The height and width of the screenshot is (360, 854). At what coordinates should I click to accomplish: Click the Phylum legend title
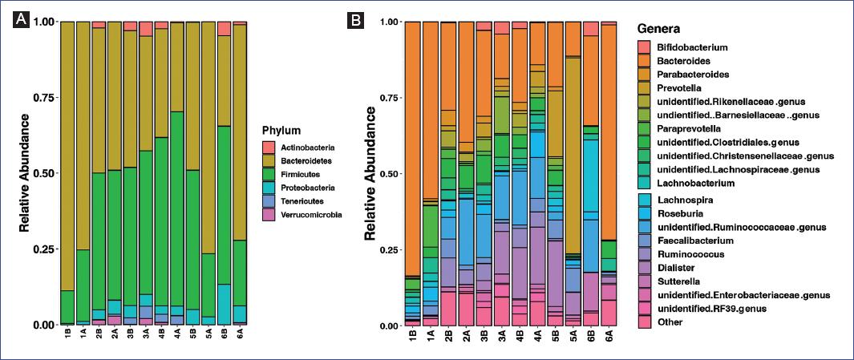pyautogui.click(x=283, y=129)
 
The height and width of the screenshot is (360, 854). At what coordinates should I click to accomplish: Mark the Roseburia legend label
pyautogui.click(x=681, y=212)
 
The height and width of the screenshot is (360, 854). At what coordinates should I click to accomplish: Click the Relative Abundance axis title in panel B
pyautogui.click(x=370, y=173)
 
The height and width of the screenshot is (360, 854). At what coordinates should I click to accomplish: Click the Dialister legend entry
pyautogui.click(x=678, y=267)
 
